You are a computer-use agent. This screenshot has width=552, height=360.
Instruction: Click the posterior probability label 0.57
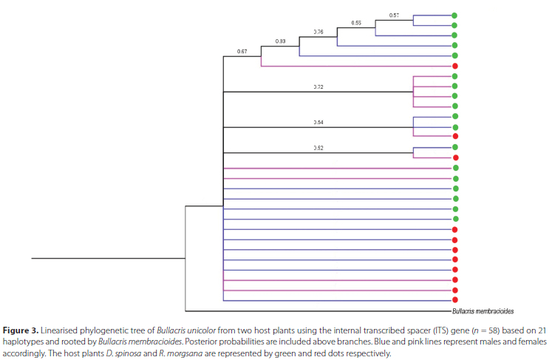coord(394,15)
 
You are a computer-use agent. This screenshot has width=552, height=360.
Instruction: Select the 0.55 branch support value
coord(356,24)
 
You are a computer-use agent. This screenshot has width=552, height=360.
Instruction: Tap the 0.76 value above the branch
coord(318,33)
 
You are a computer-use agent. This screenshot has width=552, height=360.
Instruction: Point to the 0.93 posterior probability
coord(280,41)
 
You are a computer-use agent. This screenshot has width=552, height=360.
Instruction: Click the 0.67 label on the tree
coord(242,51)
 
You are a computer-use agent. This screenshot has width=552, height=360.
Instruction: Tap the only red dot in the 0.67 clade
coord(455,67)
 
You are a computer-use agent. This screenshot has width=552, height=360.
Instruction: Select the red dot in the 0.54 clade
coord(455,137)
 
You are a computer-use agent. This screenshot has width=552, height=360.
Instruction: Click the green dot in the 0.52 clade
coord(455,148)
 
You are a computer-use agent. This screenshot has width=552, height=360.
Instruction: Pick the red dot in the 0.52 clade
coord(455,158)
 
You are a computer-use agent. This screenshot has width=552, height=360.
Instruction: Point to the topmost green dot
coord(455,15)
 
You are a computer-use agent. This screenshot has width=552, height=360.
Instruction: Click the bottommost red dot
coord(455,301)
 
